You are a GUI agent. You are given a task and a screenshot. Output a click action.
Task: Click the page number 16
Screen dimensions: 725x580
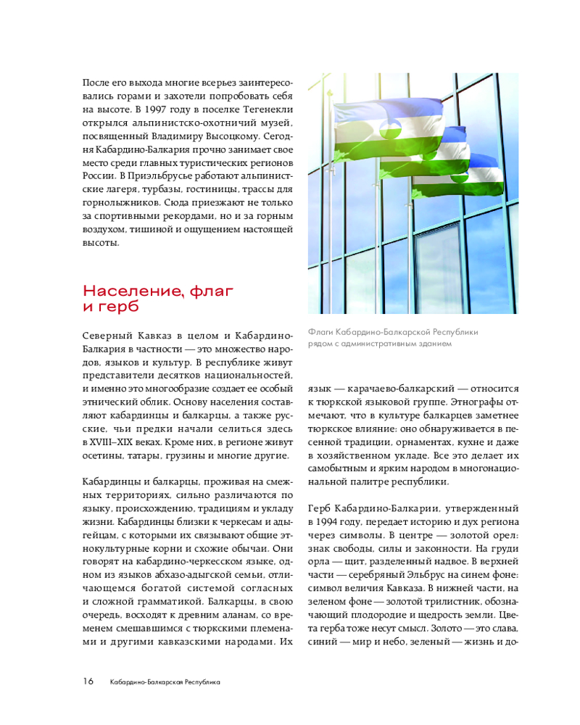tap(88, 681)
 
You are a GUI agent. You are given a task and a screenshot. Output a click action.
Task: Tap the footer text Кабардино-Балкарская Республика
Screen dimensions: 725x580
tap(165, 682)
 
